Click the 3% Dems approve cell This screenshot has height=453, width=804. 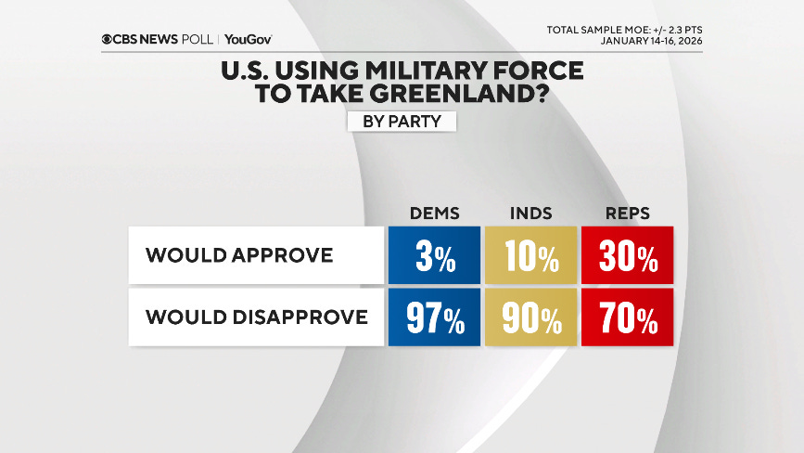click(x=434, y=255)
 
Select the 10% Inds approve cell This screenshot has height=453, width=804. click(x=530, y=255)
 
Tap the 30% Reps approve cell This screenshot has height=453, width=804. click(x=627, y=255)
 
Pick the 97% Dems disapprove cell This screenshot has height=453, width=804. click(x=434, y=318)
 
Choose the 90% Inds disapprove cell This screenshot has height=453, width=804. click(x=530, y=318)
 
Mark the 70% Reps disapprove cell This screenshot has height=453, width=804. click(x=627, y=318)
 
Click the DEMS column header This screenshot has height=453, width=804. click(x=434, y=214)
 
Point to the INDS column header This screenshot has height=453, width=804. click(x=530, y=214)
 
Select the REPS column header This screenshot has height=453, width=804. click(x=627, y=214)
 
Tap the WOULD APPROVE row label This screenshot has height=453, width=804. click(x=240, y=255)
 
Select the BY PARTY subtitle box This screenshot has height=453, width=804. click(x=402, y=121)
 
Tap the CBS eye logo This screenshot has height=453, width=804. click(x=108, y=40)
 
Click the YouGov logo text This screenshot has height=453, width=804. click(x=248, y=40)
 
